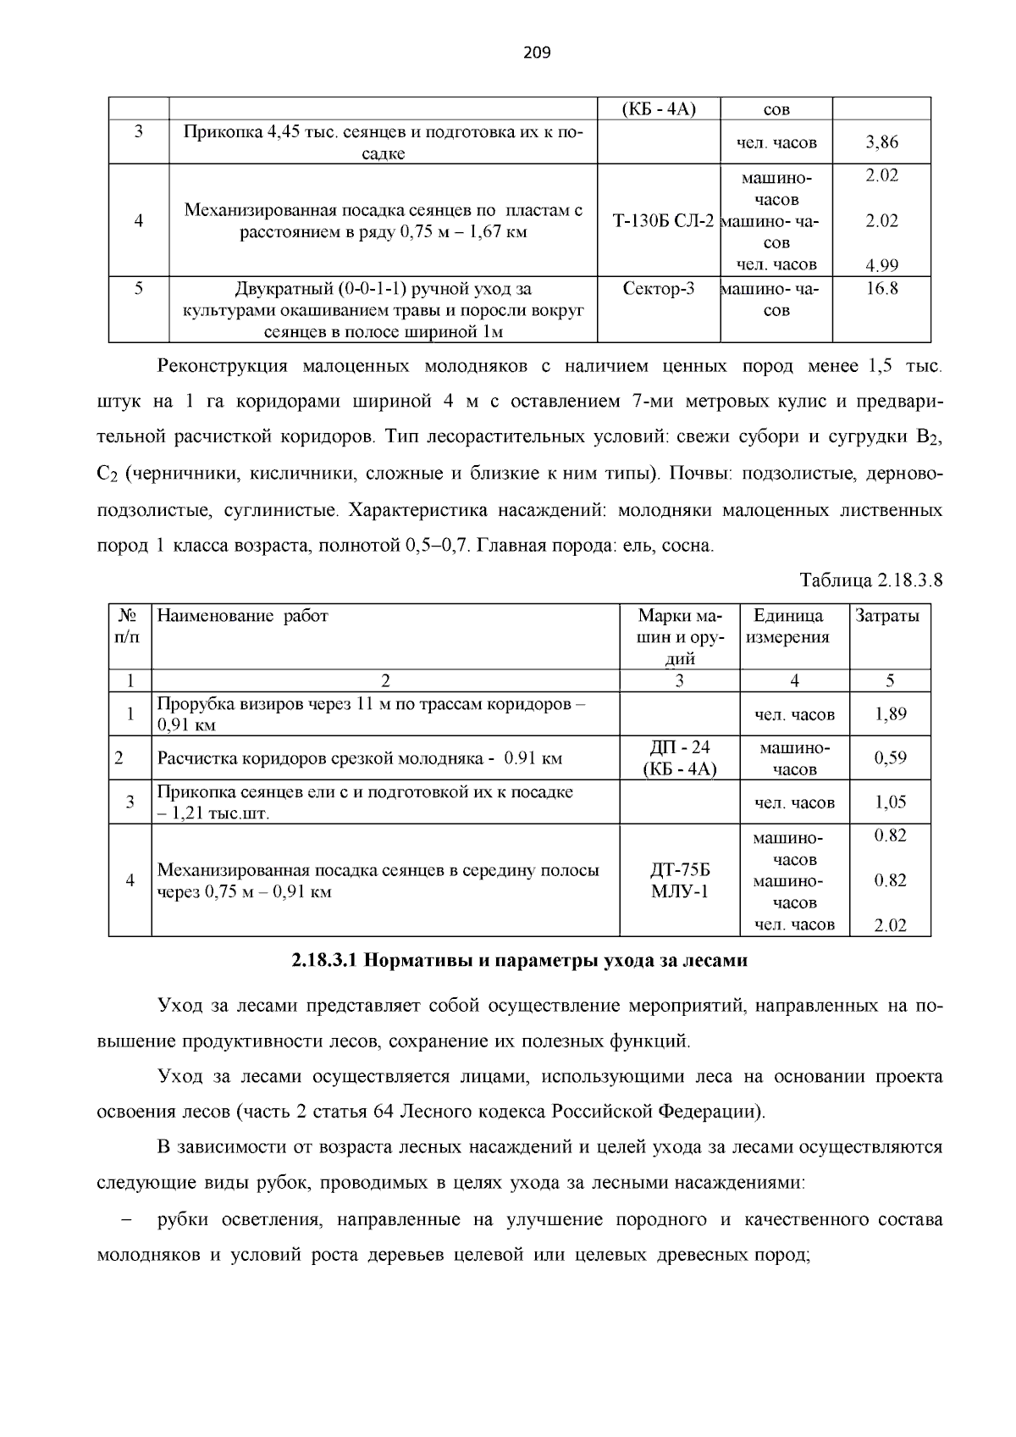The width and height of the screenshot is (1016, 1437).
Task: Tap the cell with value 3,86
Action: click(x=881, y=142)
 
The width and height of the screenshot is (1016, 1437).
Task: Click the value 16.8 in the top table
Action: click(x=881, y=289)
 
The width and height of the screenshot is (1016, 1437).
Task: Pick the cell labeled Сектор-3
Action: click(x=658, y=289)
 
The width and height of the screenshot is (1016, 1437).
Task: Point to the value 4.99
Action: click(x=881, y=265)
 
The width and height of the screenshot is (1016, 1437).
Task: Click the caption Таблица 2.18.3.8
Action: click(x=870, y=580)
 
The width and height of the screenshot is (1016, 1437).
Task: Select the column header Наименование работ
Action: click(x=243, y=616)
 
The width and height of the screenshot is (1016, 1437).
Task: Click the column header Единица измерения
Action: click(x=787, y=626)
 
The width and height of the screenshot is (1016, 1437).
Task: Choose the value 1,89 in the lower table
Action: click(x=890, y=714)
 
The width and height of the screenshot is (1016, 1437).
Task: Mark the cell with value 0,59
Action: click(x=890, y=758)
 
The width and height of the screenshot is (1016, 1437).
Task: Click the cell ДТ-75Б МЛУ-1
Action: click(x=679, y=880)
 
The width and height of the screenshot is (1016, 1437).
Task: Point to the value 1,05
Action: click(x=890, y=802)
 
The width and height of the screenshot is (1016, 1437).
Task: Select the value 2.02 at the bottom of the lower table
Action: click(x=890, y=925)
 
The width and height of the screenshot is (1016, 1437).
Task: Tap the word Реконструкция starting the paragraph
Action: click(x=222, y=367)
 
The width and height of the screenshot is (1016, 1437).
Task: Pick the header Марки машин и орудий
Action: click(x=679, y=636)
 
